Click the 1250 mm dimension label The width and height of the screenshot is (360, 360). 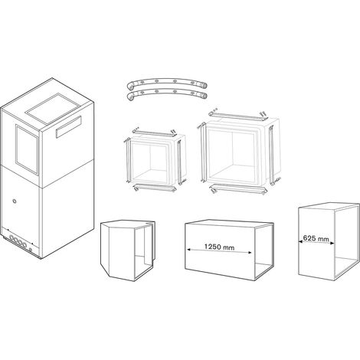click(219, 247)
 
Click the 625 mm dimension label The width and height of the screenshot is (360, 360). click(316, 238)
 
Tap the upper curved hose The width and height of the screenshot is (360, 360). click(167, 82)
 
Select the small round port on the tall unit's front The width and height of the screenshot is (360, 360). click(15, 201)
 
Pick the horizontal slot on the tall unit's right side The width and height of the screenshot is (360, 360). click(69, 126)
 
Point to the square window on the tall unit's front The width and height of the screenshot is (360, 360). click(27, 149)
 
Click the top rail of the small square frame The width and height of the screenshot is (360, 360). click(154, 133)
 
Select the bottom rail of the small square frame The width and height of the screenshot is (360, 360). click(155, 188)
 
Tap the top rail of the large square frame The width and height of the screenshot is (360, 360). click(238, 116)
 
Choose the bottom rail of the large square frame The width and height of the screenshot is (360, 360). click(238, 189)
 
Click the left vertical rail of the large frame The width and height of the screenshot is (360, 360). click(203, 152)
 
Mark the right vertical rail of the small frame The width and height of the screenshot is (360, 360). click(180, 162)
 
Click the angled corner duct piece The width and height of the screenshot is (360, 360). click(128, 250)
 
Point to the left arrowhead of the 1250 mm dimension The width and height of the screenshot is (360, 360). click(188, 248)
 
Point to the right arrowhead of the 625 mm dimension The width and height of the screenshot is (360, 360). click(332, 243)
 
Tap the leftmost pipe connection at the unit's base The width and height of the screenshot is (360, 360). click(11, 238)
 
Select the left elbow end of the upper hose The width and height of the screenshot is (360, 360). click(131, 86)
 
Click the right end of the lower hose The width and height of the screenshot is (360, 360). click(204, 96)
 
